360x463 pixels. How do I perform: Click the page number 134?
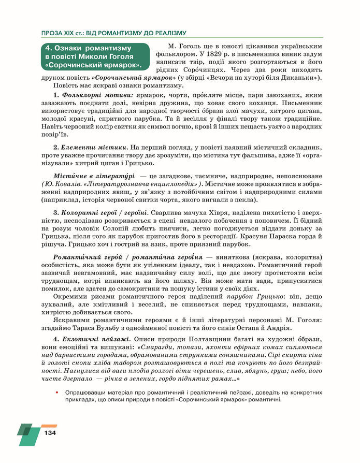pos(50,433)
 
